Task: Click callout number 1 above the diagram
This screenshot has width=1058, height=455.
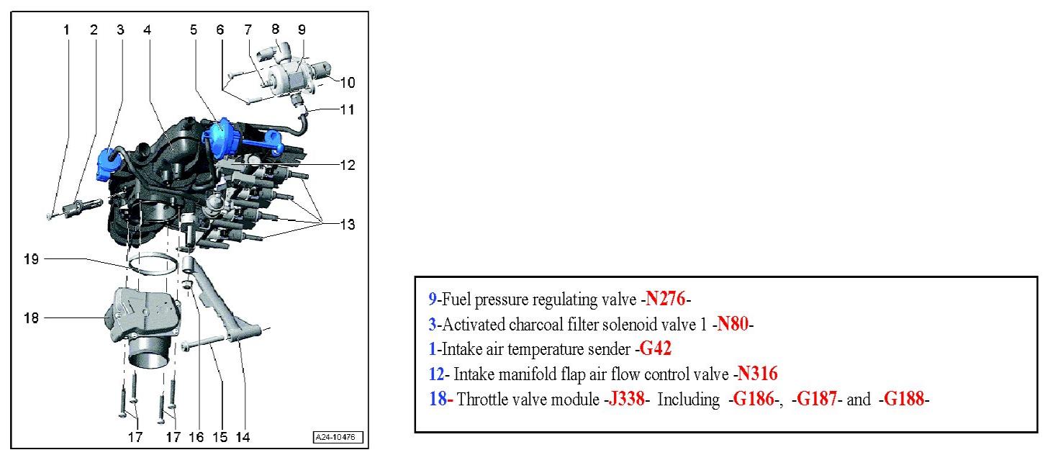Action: point(66,30)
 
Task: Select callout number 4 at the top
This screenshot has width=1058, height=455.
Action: point(147,30)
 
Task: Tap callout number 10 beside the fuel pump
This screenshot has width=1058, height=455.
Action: point(347,83)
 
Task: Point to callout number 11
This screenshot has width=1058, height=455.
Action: point(347,110)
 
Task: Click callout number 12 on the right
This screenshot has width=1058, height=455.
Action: point(347,165)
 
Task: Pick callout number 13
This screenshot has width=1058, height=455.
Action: point(347,224)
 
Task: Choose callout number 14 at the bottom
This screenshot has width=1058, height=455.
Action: point(243,436)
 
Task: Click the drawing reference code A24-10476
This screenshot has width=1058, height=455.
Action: point(338,437)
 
